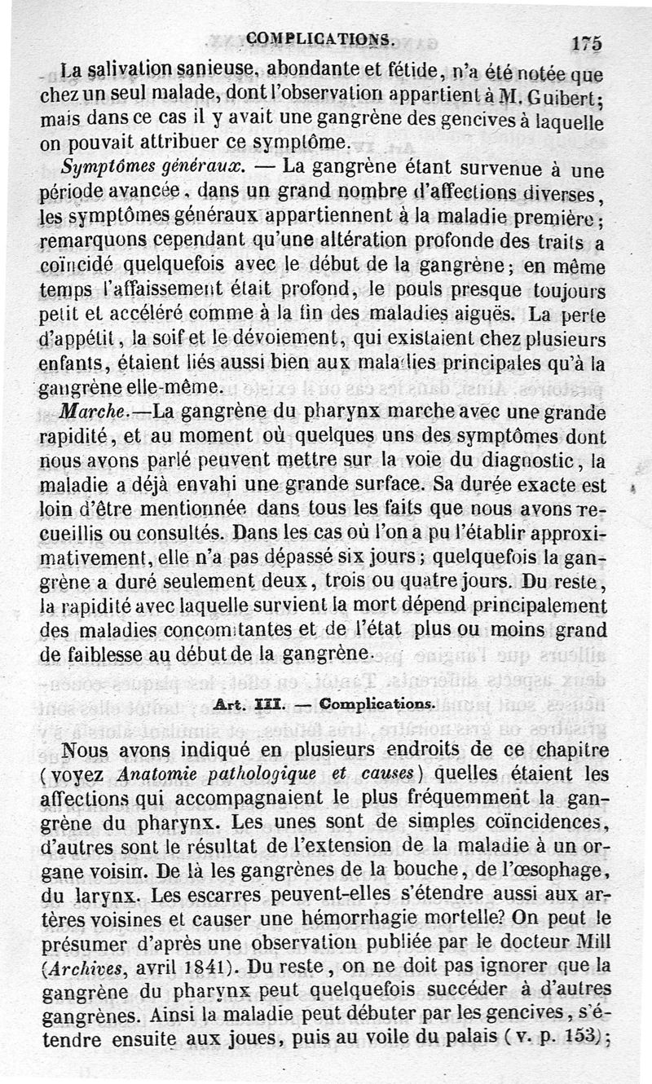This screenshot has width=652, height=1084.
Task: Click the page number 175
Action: tap(587, 44)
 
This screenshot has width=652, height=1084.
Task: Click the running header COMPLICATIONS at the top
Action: tap(322, 37)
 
